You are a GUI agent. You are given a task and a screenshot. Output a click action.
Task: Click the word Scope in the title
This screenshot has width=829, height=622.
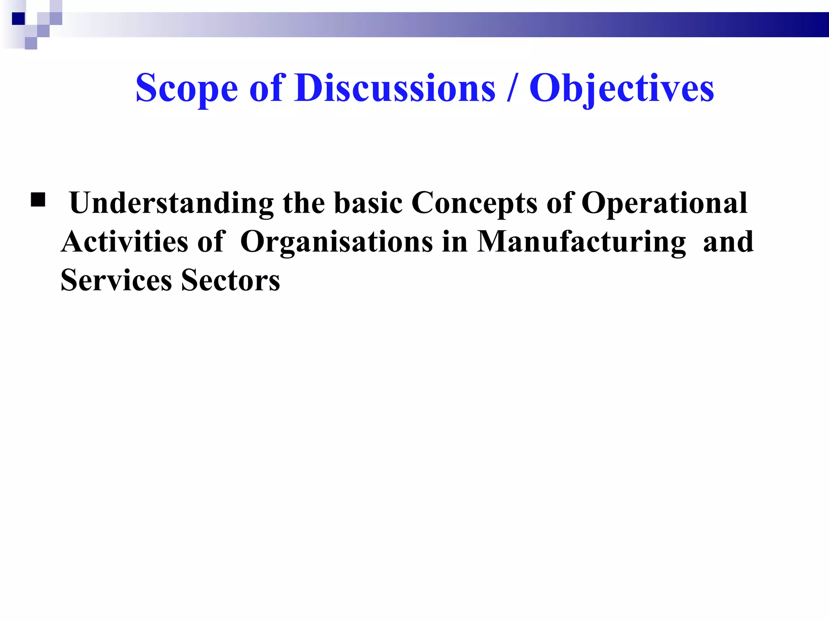187,89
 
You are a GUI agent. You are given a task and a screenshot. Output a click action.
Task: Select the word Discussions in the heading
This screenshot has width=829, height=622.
395,88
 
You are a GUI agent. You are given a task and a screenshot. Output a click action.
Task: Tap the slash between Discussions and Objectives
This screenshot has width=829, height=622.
512,88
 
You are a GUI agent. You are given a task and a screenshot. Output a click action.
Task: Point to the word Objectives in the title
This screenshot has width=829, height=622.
622,89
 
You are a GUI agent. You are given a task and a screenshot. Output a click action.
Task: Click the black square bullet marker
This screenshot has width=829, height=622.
38,200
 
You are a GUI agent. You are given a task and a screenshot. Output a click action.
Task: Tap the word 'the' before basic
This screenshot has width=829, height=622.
304,202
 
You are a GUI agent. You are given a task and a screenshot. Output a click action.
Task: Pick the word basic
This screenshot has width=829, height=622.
368,202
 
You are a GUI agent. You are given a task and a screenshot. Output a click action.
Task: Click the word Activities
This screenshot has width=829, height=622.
125,242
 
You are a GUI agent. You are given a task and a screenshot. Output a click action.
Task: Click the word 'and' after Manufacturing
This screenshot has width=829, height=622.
728,242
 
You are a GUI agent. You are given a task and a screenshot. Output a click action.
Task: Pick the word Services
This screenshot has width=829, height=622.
116,280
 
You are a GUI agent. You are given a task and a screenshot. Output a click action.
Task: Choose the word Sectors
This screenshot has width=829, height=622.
230,280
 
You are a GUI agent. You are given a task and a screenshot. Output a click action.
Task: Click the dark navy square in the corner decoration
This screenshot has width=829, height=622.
18,19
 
